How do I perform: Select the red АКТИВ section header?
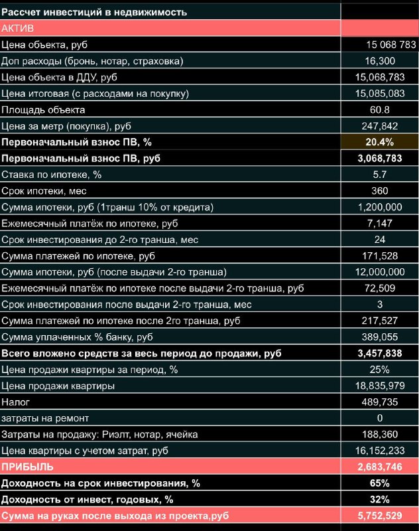click(19, 28)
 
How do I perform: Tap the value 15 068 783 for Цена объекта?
click(390, 44)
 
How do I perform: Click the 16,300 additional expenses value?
click(380, 61)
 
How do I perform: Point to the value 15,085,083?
click(380, 94)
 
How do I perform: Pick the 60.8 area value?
click(380, 110)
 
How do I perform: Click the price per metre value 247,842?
click(380, 126)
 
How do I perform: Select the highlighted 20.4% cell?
click(379, 142)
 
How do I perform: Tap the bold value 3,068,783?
click(380, 159)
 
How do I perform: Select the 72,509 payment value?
click(380, 288)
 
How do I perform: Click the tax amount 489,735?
click(380, 402)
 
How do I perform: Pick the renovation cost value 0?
click(380, 418)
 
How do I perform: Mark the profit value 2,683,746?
click(380, 467)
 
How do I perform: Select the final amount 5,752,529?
click(380, 516)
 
